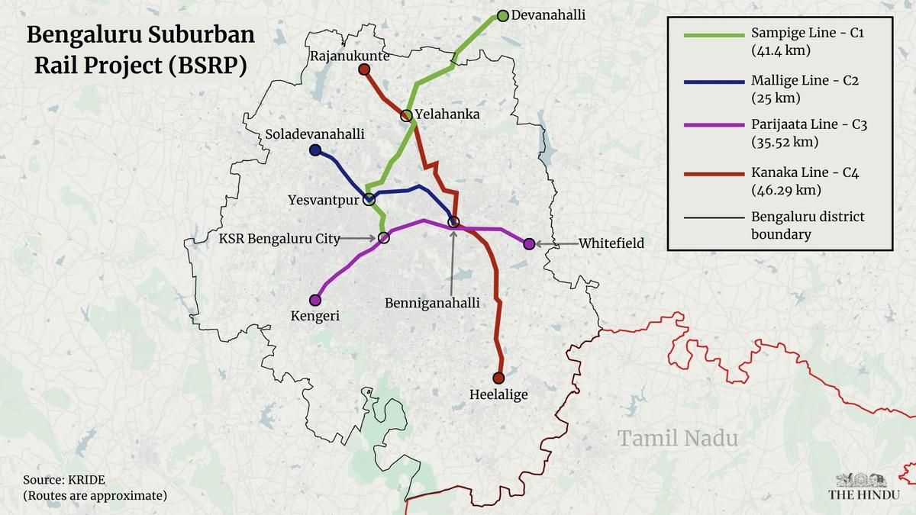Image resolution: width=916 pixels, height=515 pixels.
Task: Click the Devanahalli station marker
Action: (x=502, y=16)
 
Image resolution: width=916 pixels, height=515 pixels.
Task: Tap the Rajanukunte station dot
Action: (x=364, y=69)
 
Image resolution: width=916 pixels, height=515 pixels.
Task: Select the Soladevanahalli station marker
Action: (x=315, y=150)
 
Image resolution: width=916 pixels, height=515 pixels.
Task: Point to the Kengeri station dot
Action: (x=315, y=300)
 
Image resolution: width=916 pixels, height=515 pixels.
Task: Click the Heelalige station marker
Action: (x=498, y=378)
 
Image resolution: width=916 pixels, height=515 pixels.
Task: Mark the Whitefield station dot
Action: (x=529, y=243)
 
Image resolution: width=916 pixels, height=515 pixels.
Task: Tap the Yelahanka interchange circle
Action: (x=407, y=116)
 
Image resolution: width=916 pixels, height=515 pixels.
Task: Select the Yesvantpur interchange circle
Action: (x=369, y=200)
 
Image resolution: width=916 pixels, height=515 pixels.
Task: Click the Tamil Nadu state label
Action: (x=678, y=439)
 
